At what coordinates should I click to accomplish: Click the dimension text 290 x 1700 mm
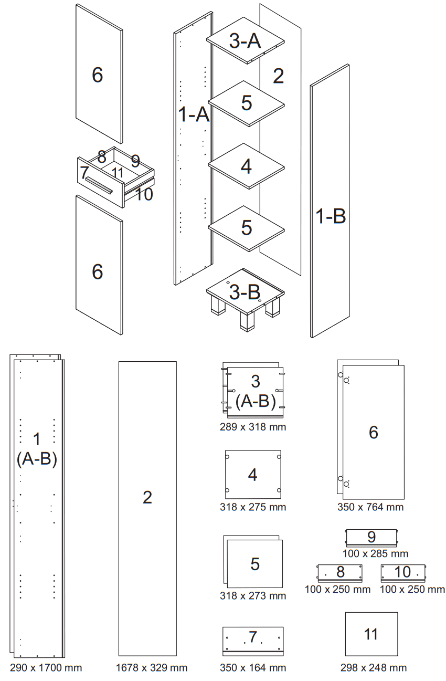click(46, 668)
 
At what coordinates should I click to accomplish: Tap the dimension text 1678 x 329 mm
click(151, 668)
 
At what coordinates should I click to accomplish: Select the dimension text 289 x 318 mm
click(253, 427)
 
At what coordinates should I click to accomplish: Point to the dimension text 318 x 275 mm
click(253, 507)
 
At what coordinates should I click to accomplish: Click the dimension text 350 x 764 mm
click(370, 507)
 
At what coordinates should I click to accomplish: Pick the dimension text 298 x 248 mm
click(373, 668)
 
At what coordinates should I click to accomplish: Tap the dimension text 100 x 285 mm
click(375, 553)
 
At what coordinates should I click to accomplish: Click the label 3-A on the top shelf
click(245, 41)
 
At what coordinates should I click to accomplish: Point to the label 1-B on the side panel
click(331, 216)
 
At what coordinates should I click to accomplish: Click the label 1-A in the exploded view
click(194, 114)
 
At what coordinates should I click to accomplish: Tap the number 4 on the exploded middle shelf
click(246, 166)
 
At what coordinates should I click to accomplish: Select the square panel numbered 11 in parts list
click(371, 634)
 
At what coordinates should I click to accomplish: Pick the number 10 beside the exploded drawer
click(143, 194)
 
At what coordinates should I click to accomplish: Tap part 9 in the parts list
click(371, 538)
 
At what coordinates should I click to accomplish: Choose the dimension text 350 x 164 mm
click(253, 668)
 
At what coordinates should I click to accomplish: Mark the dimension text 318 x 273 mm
click(253, 596)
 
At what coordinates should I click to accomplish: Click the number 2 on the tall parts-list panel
click(147, 497)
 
